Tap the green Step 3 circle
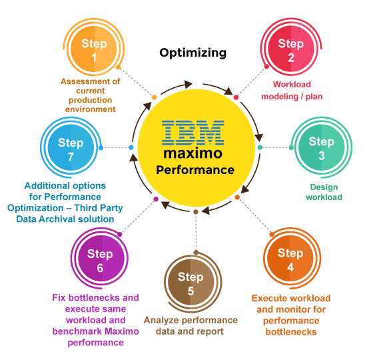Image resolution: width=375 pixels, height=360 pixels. pos(322,147)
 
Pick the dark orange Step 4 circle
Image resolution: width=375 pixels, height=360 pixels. pos(290,259)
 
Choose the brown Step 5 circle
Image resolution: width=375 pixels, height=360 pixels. pos(190,283)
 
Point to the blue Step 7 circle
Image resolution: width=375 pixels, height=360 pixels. pos(71,148)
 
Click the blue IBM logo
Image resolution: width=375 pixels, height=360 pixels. pos(193,133)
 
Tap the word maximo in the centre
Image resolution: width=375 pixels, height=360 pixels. pos(192,153)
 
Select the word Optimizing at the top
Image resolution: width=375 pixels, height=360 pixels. pos(192,53)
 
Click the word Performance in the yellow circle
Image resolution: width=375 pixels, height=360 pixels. pos(195,170)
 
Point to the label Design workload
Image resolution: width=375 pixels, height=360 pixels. pos(324,192)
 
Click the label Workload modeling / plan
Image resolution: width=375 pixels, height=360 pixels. pos(292,91)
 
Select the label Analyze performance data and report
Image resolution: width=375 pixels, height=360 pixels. pos(190,326)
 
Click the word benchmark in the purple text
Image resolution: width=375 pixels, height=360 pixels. pos(77,331)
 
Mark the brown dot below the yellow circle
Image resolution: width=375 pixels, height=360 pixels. pos(196,212)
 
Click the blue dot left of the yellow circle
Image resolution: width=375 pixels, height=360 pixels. pos(131,147)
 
